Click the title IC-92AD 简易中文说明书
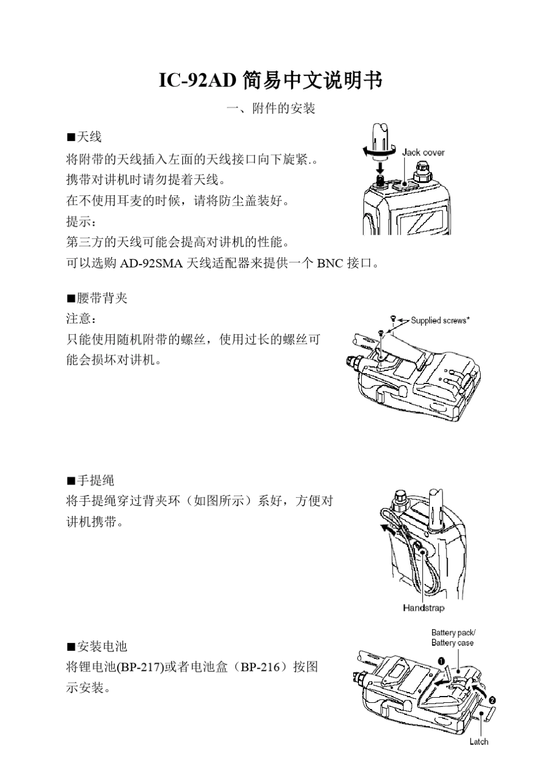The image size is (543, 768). [270, 81]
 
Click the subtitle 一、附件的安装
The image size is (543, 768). [270, 108]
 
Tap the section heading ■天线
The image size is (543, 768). [84, 137]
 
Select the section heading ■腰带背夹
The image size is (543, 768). [97, 298]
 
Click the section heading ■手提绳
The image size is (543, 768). [90, 480]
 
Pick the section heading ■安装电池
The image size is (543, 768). [97, 646]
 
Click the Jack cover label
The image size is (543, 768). [423, 153]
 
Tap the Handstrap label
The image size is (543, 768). [424, 608]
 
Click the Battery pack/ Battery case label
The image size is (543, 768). [453, 638]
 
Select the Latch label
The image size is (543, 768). [479, 742]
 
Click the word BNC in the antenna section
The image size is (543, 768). [330, 263]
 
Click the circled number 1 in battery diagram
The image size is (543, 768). [442, 661]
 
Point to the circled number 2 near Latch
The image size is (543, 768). [492, 700]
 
